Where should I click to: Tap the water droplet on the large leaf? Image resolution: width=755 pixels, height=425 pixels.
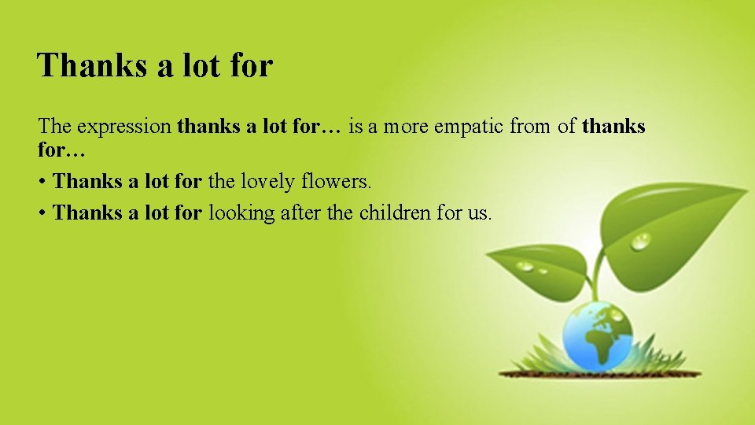tap(642, 240)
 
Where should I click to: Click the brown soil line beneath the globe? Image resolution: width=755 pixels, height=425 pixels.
tap(598, 372)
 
